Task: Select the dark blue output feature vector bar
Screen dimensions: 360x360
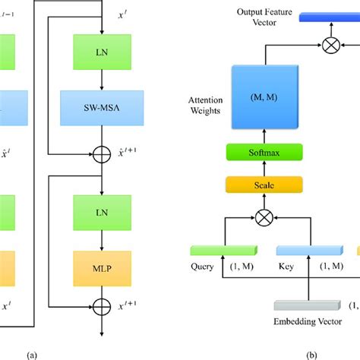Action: coord(328,16)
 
